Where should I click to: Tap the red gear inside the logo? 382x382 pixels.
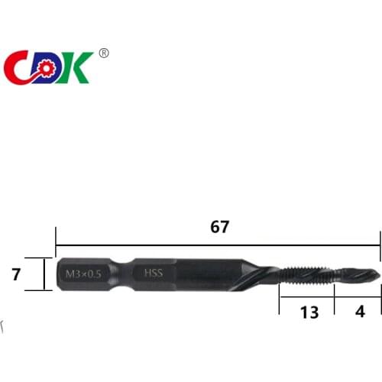pos(44,68)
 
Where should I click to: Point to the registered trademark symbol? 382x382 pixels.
pos(104,53)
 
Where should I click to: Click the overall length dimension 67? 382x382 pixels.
pos(219,227)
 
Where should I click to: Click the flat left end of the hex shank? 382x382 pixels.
pos(58,273)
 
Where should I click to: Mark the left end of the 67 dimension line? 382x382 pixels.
pos(57,244)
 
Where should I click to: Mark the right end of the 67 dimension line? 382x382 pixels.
pos(380,244)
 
